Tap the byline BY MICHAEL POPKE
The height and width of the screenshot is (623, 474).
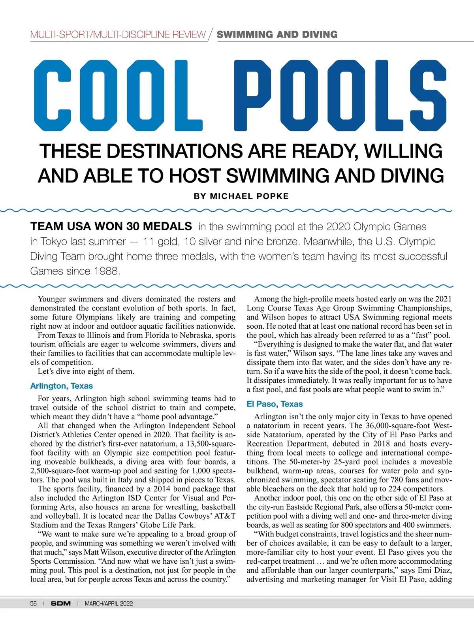pos(241,196)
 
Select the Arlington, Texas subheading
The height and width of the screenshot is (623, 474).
pos(62,386)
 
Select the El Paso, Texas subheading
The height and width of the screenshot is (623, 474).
pos(275,404)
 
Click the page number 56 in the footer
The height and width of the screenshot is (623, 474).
pos(34,604)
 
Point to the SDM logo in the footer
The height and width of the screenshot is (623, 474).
pos(61,604)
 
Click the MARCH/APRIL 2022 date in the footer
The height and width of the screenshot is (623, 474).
pos(109,604)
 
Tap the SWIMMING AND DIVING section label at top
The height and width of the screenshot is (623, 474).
pos(277,34)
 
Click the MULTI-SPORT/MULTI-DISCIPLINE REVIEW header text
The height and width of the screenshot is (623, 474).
pos(118,35)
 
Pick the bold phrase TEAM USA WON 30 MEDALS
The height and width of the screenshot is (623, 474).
pos(111,226)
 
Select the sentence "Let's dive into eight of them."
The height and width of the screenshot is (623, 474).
pos(86,371)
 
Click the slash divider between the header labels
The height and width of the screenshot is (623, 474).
pos(211,34)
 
